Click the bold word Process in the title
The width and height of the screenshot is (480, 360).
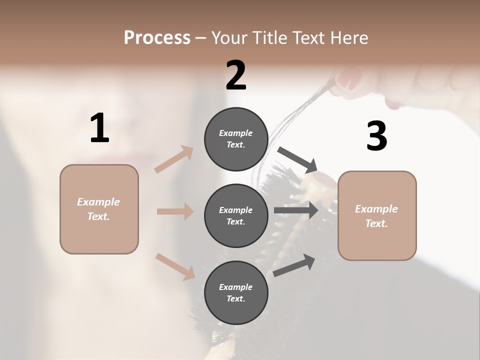[x=157, y=38]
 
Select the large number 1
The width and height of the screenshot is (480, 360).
[x=99, y=128]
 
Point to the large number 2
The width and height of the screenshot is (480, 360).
[x=236, y=75]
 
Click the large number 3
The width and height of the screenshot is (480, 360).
[x=376, y=136]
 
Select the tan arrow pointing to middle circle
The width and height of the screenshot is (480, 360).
[x=175, y=211]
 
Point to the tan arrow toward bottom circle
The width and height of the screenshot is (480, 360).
[x=175, y=266]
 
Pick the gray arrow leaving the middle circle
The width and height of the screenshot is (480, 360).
[x=296, y=210]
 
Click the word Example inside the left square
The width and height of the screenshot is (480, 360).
[x=98, y=202]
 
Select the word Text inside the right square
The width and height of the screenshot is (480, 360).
[x=376, y=223]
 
